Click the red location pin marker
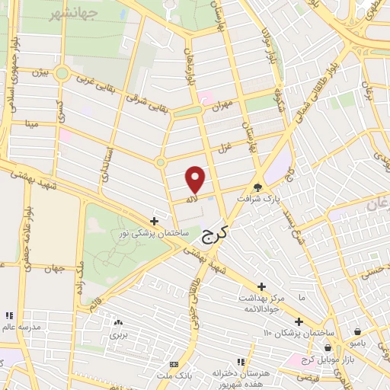point(196,179)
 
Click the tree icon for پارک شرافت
point(259,187)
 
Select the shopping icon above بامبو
point(358,332)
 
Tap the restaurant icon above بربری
point(117,323)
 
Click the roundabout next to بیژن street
point(62,75)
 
